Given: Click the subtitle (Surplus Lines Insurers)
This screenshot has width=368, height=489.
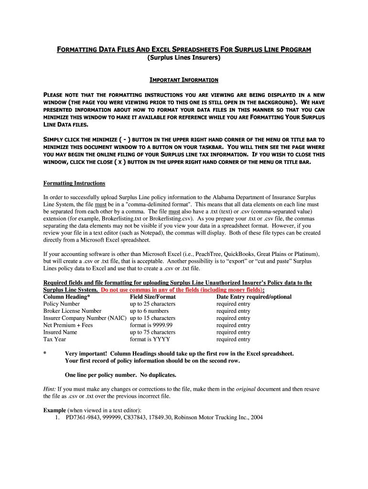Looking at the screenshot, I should (184, 58).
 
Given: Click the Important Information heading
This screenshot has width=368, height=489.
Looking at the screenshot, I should (184, 80).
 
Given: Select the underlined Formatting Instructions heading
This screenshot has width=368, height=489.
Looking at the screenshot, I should (74, 183).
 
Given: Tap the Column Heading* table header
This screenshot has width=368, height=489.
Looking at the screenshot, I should (66, 297).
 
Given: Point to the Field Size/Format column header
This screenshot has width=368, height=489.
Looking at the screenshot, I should (152, 297).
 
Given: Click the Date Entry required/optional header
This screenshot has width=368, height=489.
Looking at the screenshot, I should (254, 297).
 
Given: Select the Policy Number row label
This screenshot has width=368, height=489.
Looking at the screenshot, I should (62, 304).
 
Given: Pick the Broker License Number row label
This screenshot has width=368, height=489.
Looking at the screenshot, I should (72, 311).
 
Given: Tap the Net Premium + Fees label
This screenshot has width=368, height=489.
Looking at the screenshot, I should (68, 325).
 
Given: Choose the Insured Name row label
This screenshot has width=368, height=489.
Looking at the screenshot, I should (60, 332).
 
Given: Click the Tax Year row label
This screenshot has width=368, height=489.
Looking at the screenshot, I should (54, 340).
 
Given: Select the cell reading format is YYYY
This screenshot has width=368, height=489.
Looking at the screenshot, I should (150, 340).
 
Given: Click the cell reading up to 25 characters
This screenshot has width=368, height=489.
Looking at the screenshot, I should (152, 304).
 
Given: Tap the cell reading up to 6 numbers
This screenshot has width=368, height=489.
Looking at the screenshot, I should (149, 311).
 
